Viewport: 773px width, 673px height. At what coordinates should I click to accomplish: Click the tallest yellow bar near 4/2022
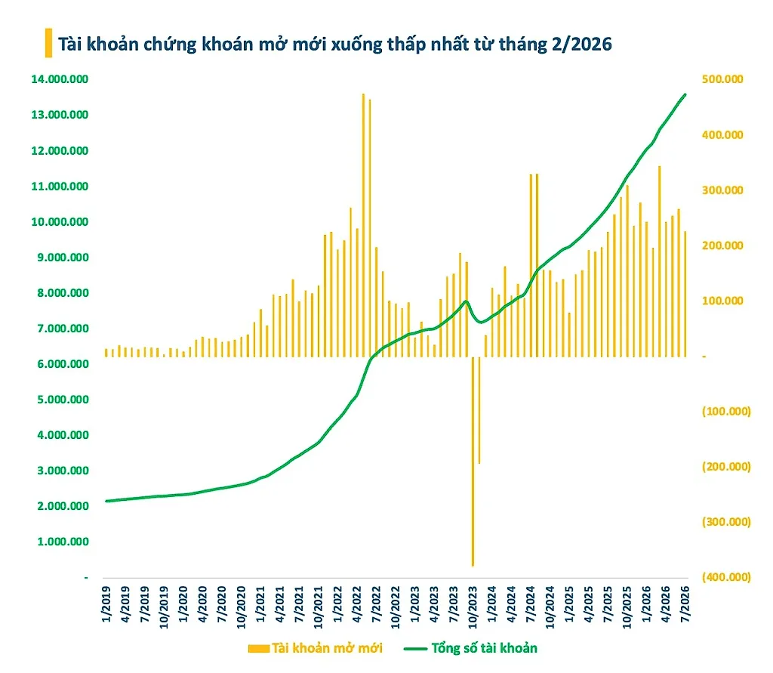point(363,225)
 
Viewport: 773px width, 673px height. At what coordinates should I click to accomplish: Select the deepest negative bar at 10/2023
point(473,462)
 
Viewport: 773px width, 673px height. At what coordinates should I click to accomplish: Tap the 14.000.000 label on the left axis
point(60,79)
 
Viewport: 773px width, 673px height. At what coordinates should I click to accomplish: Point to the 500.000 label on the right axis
point(722,79)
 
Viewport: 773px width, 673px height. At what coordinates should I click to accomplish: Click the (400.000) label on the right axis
point(726,577)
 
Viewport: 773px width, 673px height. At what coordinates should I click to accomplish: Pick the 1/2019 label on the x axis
point(106,604)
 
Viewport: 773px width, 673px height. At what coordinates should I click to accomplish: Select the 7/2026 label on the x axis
point(685,604)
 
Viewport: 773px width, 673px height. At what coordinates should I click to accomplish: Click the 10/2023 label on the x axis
point(473,607)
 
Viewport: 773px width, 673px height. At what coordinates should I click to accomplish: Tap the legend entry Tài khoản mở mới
point(316,648)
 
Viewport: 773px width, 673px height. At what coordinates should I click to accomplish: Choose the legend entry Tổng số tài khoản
point(471,648)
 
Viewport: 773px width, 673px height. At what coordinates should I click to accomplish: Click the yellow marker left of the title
point(48,43)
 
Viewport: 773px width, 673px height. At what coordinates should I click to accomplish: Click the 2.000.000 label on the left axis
point(63,506)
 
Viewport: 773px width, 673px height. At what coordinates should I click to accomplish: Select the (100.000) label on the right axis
point(726,411)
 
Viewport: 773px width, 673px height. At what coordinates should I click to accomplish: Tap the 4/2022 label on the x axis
point(357,604)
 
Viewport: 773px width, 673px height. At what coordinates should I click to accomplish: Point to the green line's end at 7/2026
point(685,94)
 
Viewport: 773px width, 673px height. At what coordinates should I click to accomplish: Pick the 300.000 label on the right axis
point(722,190)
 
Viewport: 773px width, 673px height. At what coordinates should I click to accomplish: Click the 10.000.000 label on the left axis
point(60,222)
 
